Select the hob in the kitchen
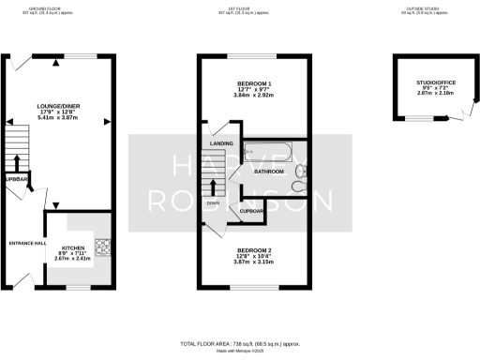click(x=102, y=247)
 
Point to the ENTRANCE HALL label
click(x=27, y=243)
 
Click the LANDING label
click(x=221, y=143)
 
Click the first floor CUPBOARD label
click(x=252, y=211)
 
